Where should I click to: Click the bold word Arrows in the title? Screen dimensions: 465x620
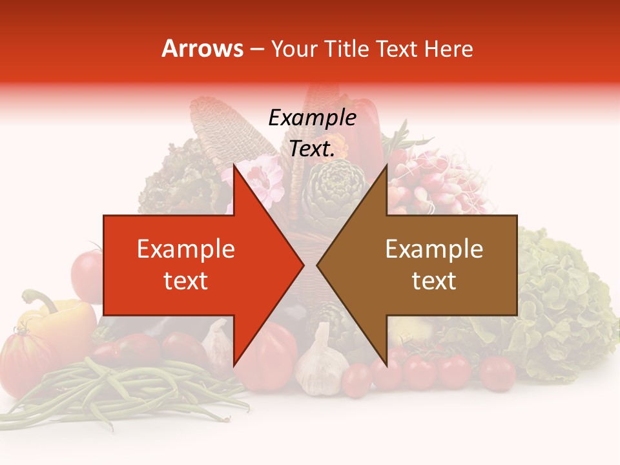coord(202,48)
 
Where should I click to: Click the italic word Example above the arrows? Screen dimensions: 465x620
coord(312,118)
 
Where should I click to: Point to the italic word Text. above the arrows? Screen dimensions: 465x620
coord(312,149)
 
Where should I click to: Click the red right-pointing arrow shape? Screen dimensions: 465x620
coord(194,265)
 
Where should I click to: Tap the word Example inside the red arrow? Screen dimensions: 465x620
coord(185,249)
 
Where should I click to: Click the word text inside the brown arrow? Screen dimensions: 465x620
coord(434,281)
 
